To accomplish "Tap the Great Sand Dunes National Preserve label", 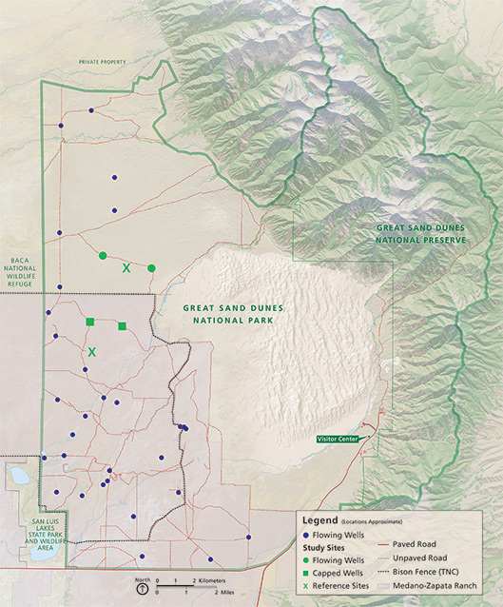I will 421,235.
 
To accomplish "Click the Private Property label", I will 103,62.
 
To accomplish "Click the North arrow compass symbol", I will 142,588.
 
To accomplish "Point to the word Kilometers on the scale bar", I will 214,578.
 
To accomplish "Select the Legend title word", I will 319,520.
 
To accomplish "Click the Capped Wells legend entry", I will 347,573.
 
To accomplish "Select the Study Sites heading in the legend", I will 326,547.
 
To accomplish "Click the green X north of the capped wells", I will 126,268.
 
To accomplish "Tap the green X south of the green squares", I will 92,352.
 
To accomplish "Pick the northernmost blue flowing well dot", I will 92,110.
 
